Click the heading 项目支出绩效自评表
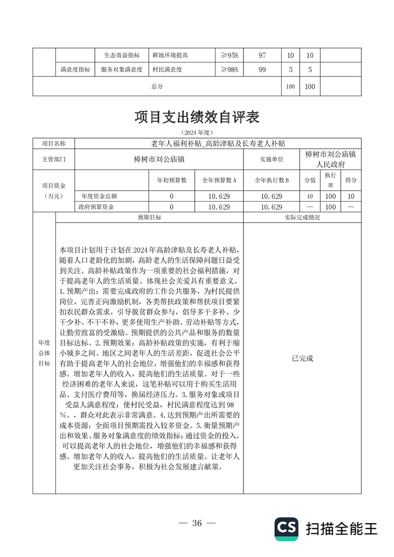[197, 118]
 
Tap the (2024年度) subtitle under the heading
[197, 133]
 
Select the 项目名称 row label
[53, 143]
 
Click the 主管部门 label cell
[53, 159]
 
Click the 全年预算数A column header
[219, 180]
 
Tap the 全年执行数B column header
[271, 180]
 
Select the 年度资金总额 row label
[99, 196]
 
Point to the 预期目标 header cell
[149, 217]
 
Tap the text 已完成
[302, 358]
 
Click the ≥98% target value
[230, 70]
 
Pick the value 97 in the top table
[262, 55]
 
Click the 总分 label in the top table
[157, 86]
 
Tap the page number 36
[197, 523]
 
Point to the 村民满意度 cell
[167, 70]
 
